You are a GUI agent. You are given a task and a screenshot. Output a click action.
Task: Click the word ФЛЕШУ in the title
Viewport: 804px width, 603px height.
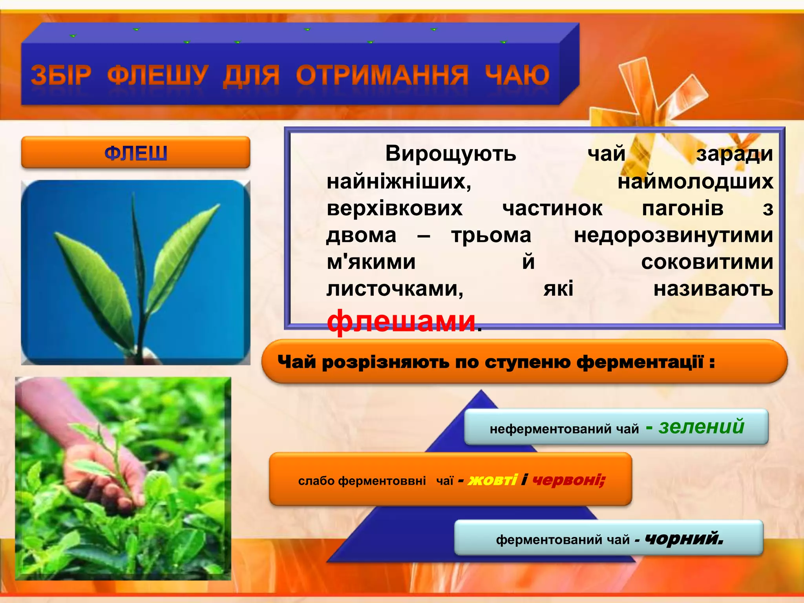coord(158,75)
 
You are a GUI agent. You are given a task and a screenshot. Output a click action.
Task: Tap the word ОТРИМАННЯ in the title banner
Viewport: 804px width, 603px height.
coord(382,75)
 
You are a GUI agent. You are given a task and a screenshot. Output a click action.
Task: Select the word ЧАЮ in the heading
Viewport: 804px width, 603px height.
coord(517,75)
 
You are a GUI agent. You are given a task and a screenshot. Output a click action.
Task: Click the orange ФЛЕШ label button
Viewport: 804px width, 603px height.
coord(135,153)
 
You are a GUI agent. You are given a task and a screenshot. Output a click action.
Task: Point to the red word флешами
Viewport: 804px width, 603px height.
coord(401,321)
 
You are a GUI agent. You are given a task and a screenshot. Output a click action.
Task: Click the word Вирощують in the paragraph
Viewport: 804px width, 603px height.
coord(450,153)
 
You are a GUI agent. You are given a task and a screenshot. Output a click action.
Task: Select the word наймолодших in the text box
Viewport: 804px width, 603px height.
coord(695,182)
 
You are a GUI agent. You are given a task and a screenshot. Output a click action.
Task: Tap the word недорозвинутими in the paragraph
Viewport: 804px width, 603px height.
coord(673,236)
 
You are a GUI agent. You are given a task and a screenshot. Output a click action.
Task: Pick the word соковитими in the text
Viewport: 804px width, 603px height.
coord(707,262)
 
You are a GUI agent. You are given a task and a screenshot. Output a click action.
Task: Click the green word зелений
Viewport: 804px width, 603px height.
coord(701,426)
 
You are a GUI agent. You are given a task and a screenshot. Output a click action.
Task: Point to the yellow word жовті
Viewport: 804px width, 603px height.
coord(493,480)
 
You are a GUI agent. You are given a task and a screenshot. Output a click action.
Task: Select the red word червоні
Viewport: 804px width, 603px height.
coord(568,480)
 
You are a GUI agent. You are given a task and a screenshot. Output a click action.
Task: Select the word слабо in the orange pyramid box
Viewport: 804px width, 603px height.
coord(316,481)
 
